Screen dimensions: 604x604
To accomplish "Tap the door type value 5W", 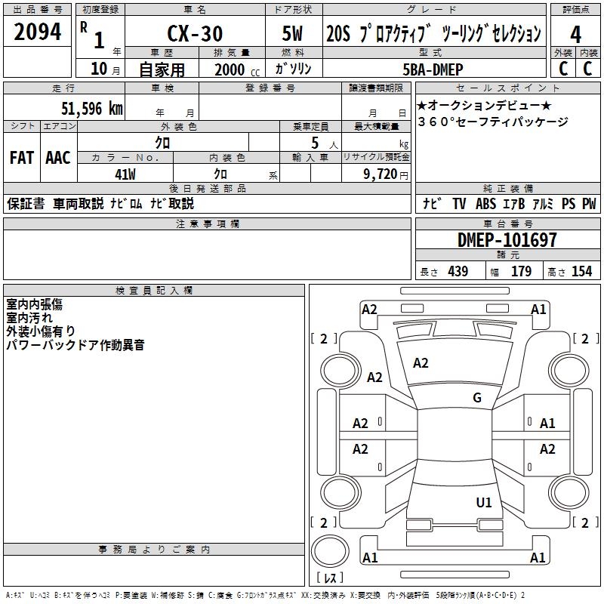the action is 294,33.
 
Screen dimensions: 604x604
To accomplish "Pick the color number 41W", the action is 125,174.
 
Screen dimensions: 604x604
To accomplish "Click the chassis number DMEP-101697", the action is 507,240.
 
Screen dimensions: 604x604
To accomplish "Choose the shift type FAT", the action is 21,158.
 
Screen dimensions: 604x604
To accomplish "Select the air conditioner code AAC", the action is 57,158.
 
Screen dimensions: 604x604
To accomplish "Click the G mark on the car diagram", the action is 477,398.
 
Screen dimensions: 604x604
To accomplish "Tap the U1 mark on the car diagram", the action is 484,502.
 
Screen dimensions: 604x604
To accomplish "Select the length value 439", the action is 458,272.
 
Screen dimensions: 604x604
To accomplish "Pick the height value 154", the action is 581,272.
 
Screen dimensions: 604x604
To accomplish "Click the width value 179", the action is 521,272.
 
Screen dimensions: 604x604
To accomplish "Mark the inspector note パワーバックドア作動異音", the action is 75,345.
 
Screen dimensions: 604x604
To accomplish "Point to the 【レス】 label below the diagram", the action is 329,578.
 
